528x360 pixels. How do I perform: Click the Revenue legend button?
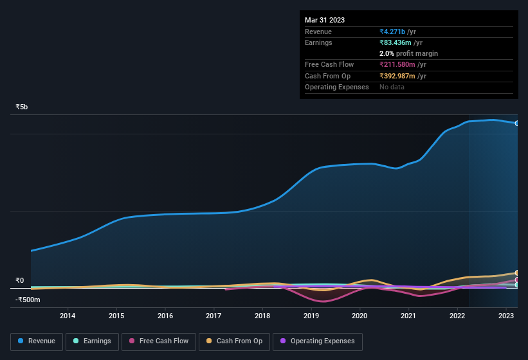click(37, 341)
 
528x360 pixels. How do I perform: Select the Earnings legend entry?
click(93, 341)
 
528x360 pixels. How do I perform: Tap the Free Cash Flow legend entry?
click(158, 341)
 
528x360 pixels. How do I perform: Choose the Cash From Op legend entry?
click(234, 341)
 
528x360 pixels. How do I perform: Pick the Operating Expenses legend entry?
click(317, 341)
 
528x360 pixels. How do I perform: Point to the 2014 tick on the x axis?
click(68, 316)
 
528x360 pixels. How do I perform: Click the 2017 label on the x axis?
click(214, 316)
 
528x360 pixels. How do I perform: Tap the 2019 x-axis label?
click(311, 316)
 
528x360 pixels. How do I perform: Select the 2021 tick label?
click(408, 316)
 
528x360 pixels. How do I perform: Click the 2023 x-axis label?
click(506, 316)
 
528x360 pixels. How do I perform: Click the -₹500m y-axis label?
click(29, 300)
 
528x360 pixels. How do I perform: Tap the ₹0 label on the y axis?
click(19, 280)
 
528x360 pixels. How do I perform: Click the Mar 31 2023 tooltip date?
click(325, 20)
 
